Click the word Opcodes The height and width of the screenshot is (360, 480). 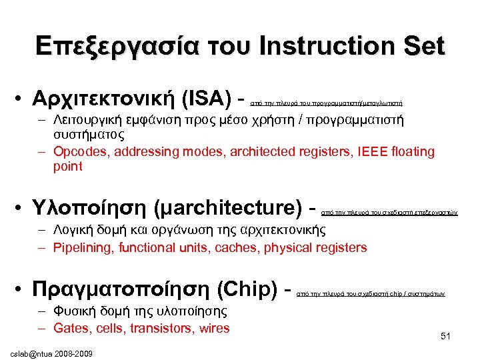point(77,152)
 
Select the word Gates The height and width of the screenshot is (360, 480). point(69,328)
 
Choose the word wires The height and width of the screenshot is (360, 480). point(213,328)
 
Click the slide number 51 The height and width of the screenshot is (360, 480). point(445,337)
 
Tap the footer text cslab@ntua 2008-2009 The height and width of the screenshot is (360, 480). point(50,351)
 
